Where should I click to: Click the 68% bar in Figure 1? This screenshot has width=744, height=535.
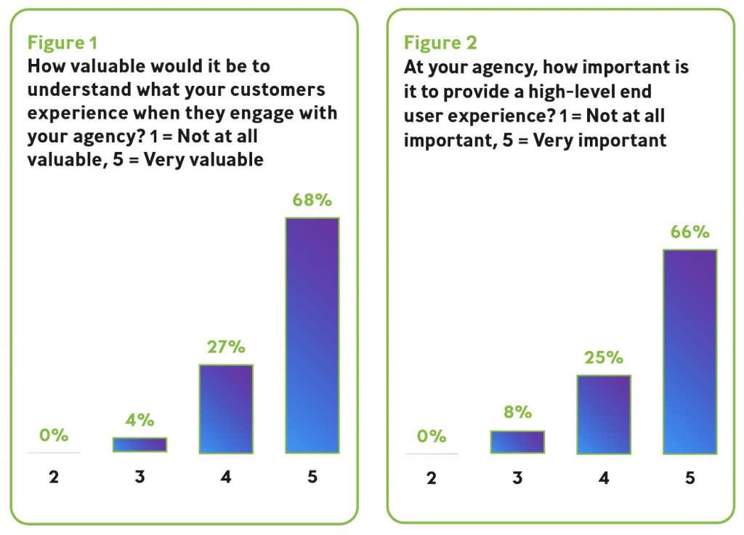[x=312, y=335]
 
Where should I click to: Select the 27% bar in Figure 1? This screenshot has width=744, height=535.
[x=226, y=409]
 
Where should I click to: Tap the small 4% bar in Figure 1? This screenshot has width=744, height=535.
[x=139, y=445]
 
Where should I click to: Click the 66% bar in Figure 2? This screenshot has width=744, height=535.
[x=690, y=352]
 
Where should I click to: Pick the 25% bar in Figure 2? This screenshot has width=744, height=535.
[x=603, y=414]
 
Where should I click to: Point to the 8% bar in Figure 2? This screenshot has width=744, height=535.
[x=517, y=442]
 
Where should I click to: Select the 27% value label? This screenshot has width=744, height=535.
[x=226, y=347]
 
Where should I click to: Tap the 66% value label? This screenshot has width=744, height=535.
[x=690, y=232]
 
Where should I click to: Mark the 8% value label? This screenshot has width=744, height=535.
[x=517, y=413]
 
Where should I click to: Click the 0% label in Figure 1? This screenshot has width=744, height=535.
[x=54, y=435]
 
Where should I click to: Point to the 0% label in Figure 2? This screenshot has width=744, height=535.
[x=431, y=436]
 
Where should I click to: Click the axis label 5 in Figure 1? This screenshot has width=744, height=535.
[x=312, y=478]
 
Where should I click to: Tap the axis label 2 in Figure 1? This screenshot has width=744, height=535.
[x=54, y=478]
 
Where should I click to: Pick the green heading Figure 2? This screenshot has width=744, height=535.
[x=440, y=43]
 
